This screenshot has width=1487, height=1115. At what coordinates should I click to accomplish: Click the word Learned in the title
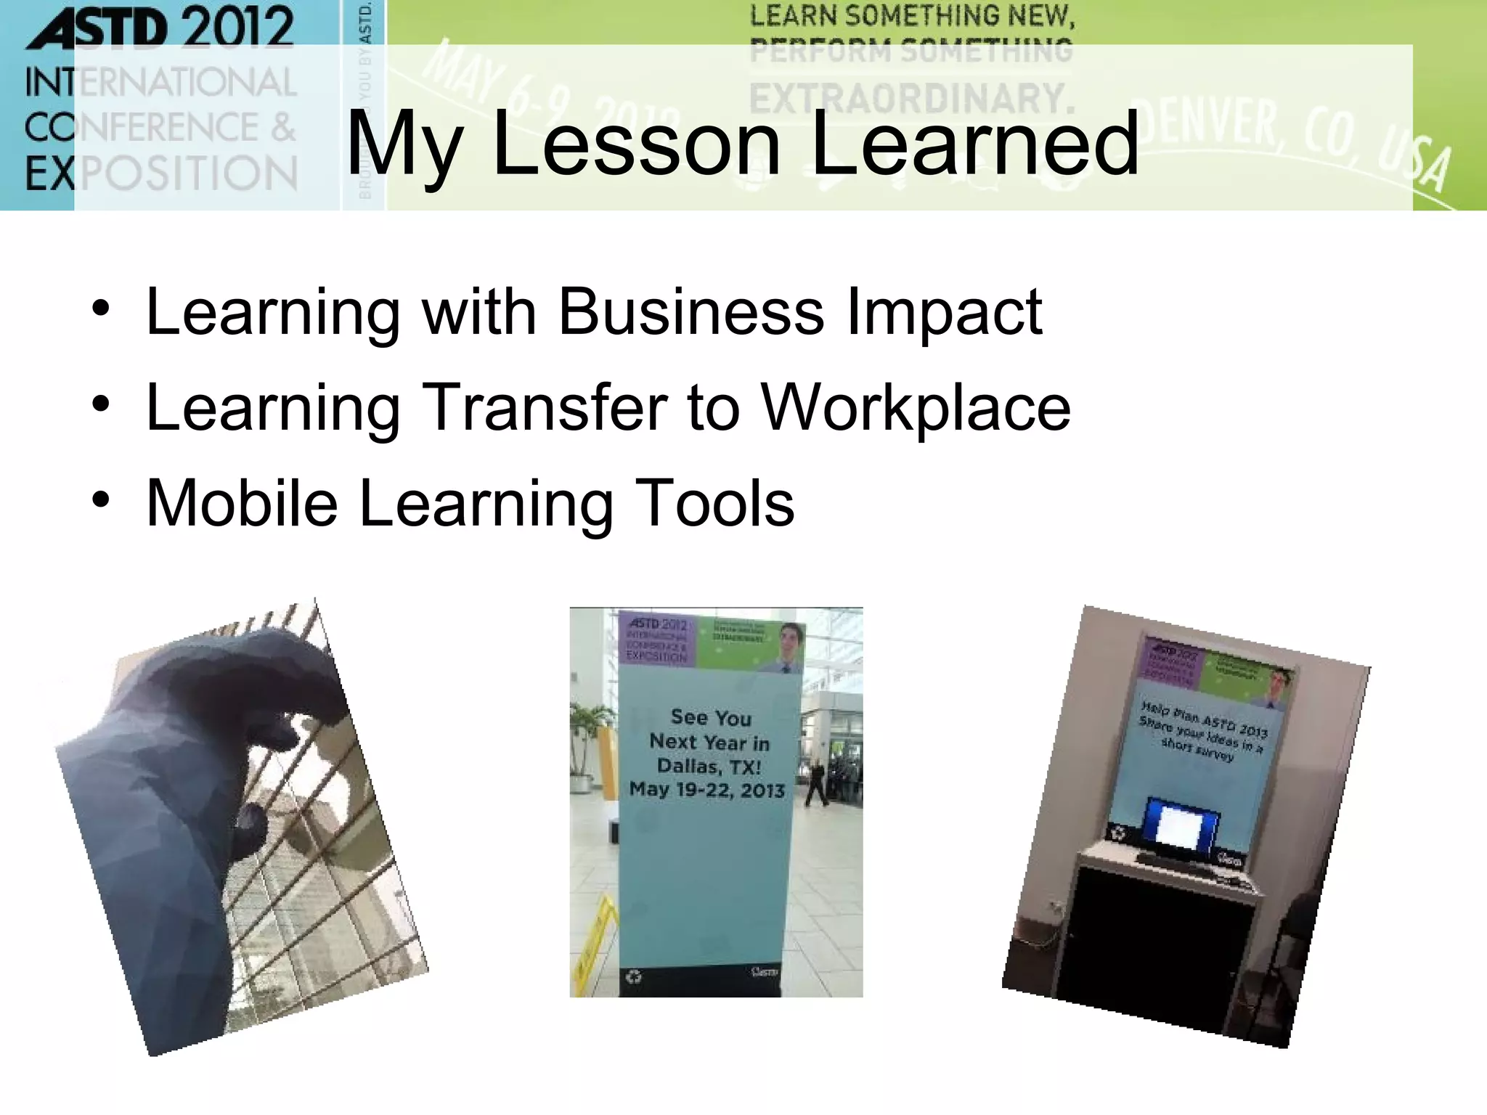click(974, 143)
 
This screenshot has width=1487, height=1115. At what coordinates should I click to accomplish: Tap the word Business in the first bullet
click(690, 312)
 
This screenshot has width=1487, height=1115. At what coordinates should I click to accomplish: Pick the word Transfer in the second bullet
click(545, 407)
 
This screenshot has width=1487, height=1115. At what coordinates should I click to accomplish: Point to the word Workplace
click(916, 407)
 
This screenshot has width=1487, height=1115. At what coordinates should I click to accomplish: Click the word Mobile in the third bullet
click(242, 503)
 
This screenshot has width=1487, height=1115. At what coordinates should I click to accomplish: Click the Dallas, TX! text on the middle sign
click(709, 767)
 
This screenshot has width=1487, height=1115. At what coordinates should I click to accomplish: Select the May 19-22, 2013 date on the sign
click(707, 790)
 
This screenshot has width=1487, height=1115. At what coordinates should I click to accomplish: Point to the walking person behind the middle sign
click(816, 784)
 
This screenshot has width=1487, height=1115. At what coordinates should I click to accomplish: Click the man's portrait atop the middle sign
click(789, 645)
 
